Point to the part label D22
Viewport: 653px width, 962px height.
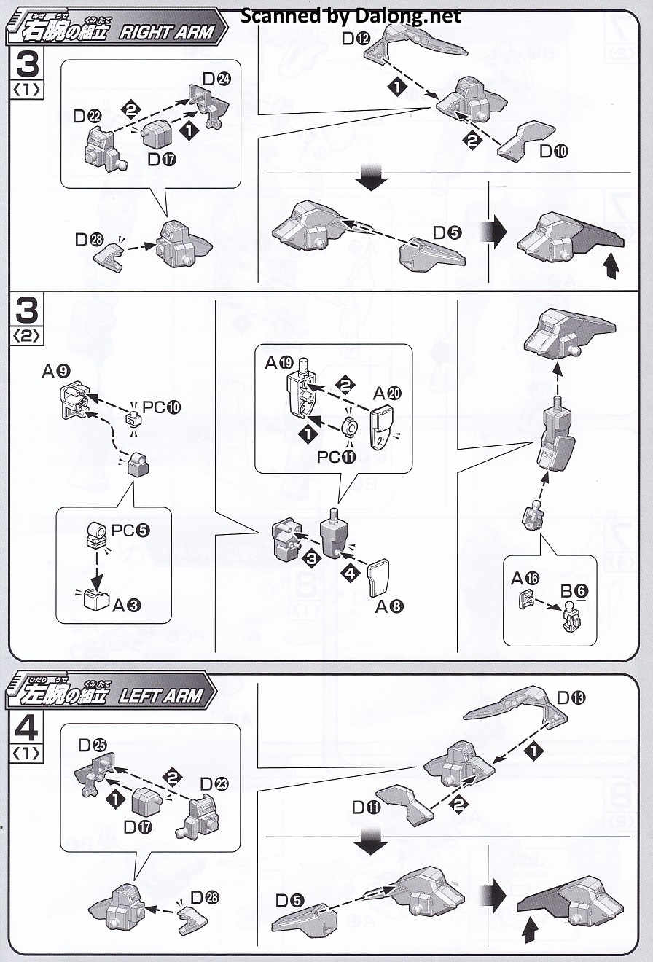tap(87, 115)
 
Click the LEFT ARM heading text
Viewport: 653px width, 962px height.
tap(160, 695)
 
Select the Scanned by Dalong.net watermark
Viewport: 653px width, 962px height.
tap(351, 15)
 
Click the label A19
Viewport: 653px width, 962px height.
tap(277, 363)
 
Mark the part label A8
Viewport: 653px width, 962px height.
tap(389, 606)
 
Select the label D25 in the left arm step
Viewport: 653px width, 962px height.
tap(93, 745)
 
